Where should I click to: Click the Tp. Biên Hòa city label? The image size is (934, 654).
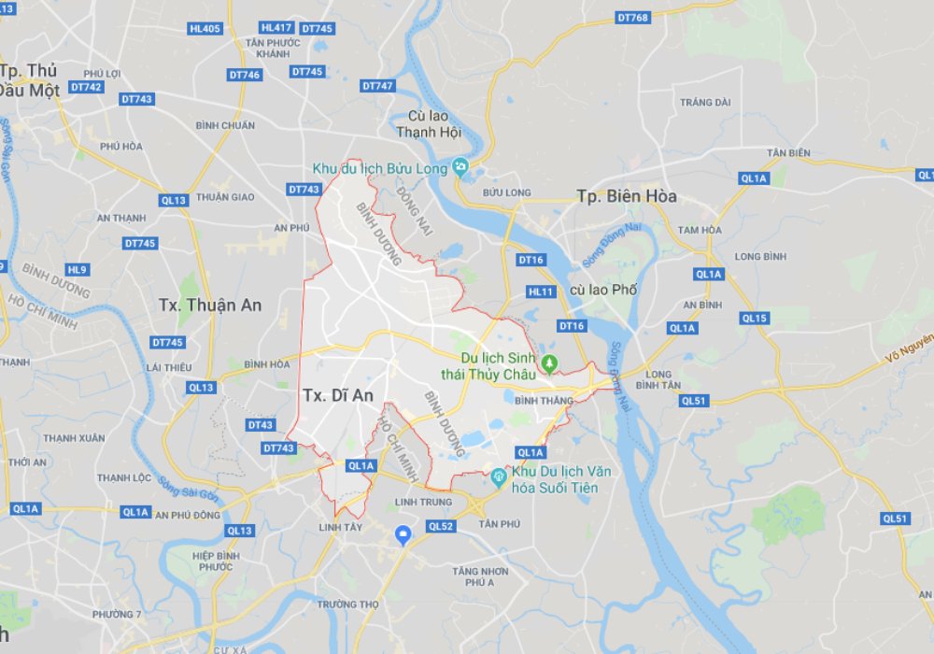click(626, 196)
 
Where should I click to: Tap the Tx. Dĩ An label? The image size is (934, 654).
click(338, 395)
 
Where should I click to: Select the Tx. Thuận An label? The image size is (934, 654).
click(210, 306)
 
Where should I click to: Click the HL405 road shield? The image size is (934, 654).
click(205, 29)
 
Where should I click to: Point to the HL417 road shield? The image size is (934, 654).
click(277, 29)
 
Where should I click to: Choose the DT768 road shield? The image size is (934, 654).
click(633, 18)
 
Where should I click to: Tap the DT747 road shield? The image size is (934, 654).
click(377, 86)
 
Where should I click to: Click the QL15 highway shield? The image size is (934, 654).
click(754, 319)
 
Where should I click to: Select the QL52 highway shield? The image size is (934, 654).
click(441, 527)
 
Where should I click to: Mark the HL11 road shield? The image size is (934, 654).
click(541, 291)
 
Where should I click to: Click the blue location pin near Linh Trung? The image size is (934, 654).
click(403, 534)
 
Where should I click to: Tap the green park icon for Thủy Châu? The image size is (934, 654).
click(550, 363)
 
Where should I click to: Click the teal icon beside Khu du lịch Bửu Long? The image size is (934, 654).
click(460, 167)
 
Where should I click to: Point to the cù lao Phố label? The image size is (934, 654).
click(602, 290)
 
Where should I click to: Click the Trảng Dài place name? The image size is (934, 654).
click(704, 102)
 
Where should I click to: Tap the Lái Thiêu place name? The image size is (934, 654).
click(168, 367)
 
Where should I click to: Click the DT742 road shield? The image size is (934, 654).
click(86, 87)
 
